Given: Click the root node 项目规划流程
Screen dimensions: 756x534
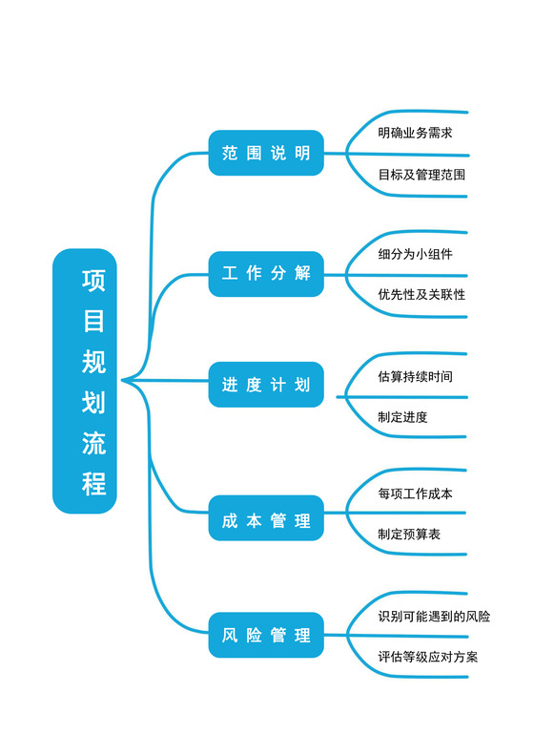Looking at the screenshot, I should (x=85, y=381).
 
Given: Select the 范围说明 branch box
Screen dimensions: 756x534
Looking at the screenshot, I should (x=266, y=154).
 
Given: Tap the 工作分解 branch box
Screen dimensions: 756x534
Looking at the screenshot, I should (x=266, y=273).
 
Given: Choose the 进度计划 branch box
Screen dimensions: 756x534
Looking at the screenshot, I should (x=266, y=386).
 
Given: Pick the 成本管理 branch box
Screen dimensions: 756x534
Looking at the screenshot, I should (x=266, y=521).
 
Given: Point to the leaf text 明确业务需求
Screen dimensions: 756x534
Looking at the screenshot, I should (x=415, y=133).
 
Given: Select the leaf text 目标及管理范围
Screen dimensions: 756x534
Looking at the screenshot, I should (x=421, y=176).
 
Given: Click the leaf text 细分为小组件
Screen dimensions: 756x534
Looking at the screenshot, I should (x=415, y=254).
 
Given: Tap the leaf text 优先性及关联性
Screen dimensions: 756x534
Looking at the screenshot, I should (x=421, y=295).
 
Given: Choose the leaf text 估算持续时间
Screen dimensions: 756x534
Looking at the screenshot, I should (x=415, y=376).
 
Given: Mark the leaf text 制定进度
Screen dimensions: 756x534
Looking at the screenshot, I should (x=402, y=417).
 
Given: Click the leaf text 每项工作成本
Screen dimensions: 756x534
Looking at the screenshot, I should (x=415, y=493).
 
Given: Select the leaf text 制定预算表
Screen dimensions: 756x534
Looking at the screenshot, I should (x=409, y=535).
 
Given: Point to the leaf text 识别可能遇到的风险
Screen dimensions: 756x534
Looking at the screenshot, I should (x=434, y=617).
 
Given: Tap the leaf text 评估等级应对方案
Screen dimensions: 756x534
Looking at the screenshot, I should (x=428, y=657).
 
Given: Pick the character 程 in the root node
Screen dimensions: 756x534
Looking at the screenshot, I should (x=93, y=484).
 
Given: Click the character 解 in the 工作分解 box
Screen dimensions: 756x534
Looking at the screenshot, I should (x=303, y=273).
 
